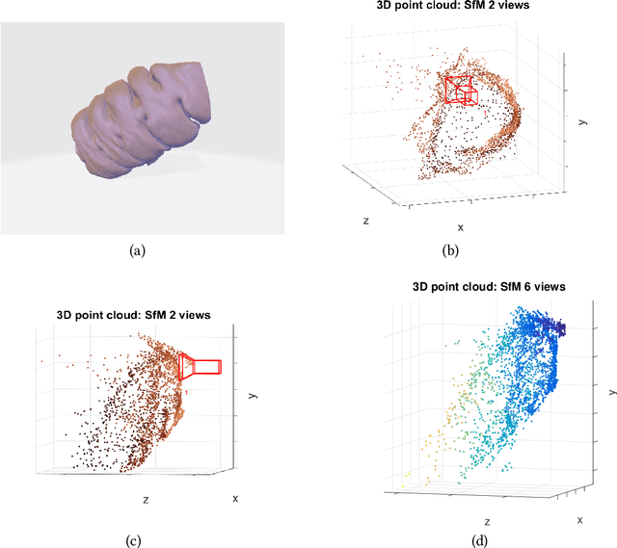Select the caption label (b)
pos(448,250)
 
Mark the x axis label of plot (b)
pos(460,227)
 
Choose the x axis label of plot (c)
pos(234,498)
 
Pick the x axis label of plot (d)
pos(579,519)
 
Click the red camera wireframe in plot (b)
pos(460,90)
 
